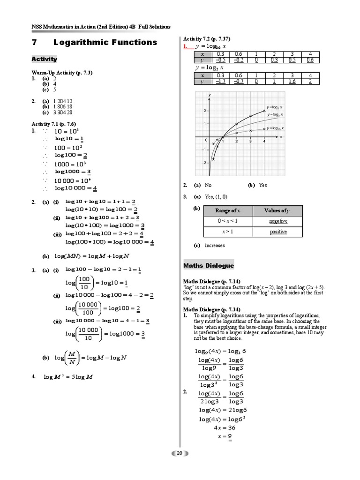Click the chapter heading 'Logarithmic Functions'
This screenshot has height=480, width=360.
(x=105, y=43)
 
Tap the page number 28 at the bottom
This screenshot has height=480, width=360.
(x=180, y=453)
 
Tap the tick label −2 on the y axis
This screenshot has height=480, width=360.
(x=204, y=163)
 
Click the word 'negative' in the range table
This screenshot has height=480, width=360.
(x=278, y=221)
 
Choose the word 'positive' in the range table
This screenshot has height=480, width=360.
(x=278, y=232)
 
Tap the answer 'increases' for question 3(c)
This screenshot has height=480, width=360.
(x=215, y=245)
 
